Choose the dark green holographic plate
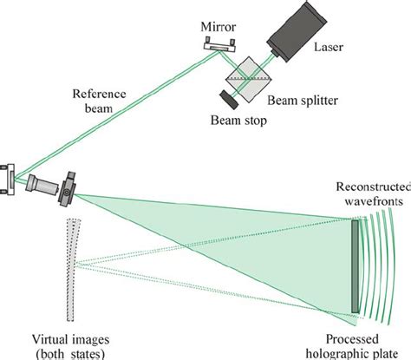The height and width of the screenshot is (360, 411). pos(355,265)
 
